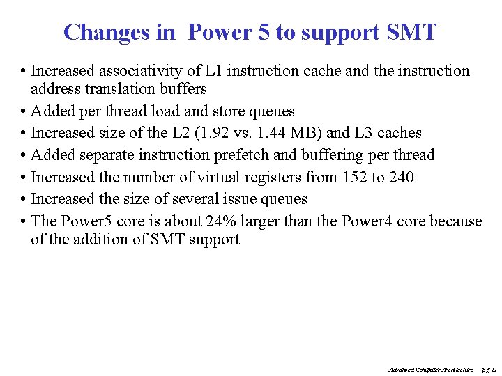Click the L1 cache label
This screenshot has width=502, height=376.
click(213, 71)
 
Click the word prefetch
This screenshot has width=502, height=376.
click(267, 155)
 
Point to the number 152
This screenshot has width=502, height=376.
click(354, 178)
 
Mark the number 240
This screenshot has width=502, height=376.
click(402, 178)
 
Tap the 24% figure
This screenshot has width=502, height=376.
click(222, 221)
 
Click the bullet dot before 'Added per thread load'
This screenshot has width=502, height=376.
click(24, 111)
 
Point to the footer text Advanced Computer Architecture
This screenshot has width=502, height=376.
click(429, 369)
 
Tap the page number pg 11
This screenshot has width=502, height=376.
click(489, 369)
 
